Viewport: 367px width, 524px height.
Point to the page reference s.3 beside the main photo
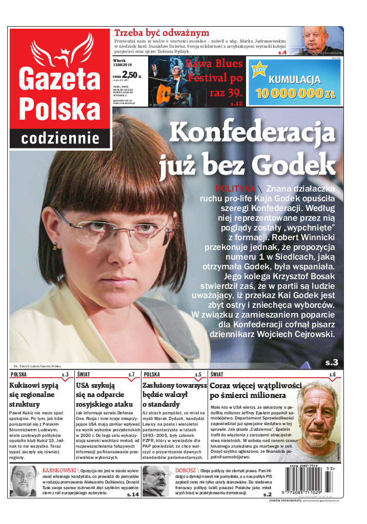point(332,363)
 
